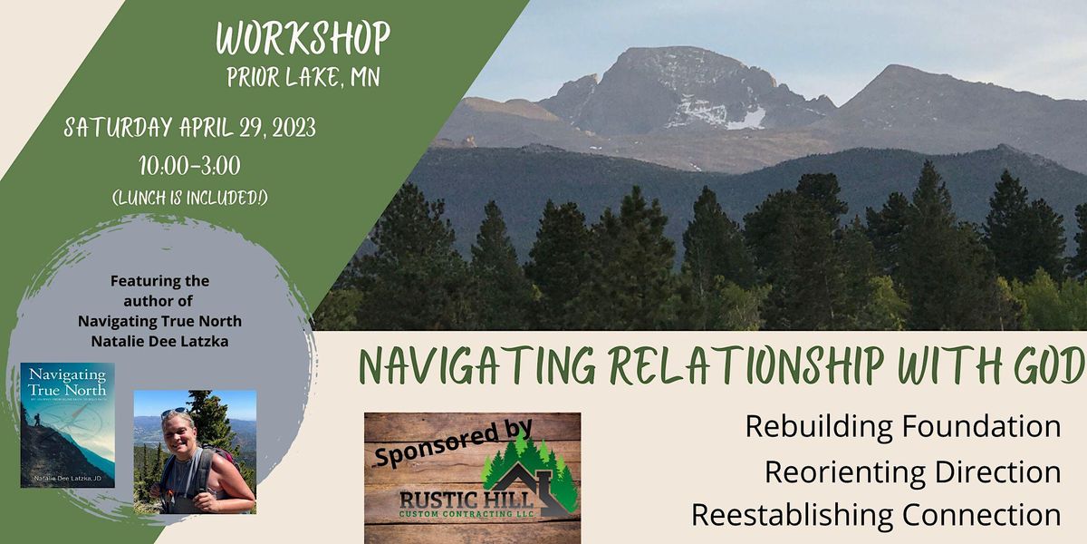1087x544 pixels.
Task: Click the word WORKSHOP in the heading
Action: coord(303,38)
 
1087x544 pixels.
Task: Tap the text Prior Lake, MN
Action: coord(303,77)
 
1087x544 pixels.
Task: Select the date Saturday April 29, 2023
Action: coord(190,129)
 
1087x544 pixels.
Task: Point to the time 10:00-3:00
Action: coord(189,167)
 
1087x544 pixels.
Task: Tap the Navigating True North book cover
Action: coord(68,424)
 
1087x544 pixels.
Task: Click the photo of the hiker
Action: coord(195,452)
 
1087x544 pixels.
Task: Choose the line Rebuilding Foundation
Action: coord(902,426)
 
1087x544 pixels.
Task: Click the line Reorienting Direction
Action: coord(912,471)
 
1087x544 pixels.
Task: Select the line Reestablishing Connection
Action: coord(876,515)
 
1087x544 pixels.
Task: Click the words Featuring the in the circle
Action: coord(160,281)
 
